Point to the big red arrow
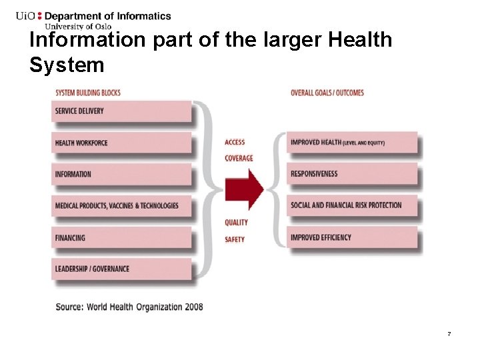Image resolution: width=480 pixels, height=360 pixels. pos(244,189)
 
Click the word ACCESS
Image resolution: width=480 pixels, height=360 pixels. pos(235,142)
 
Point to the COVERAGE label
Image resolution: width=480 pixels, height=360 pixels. pos(239,158)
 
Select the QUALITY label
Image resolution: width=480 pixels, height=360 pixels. pos(236,222)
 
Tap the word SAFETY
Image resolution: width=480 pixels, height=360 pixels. pos(235,239)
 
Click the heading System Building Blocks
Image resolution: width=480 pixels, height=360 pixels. pos(88,93)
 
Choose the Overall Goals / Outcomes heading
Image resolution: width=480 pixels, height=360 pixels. pos(327,93)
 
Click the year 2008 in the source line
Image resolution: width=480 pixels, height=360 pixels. pos(193,307)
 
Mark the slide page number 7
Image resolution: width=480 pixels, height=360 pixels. pos(449,333)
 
